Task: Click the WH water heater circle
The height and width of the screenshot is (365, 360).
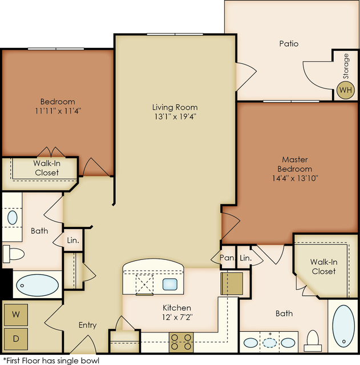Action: tap(346, 90)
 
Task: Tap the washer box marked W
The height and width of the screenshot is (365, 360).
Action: tap(16, 315)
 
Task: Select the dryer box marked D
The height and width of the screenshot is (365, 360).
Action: tap(16, 339)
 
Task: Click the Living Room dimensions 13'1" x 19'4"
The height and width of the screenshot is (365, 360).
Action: tap(175, 116)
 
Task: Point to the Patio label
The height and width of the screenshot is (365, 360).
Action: tap(289, 43)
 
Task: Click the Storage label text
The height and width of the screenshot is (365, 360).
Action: tap(346, 66)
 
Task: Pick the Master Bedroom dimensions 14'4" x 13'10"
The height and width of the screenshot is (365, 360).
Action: tap(295, 178)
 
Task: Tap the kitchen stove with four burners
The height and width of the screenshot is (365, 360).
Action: tap(181, 342)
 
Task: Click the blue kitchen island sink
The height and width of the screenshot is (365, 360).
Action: tap(170, 284)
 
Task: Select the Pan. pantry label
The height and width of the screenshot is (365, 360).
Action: tap(227, 258)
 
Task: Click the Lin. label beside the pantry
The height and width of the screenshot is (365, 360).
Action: tap(245, 258)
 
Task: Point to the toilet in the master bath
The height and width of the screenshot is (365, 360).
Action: tap(313, 341)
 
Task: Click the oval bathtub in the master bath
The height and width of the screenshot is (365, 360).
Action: tap(343, 326)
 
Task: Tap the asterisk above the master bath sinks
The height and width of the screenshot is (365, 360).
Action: tap(270, 334)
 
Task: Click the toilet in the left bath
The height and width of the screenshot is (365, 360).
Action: tap(14, 254)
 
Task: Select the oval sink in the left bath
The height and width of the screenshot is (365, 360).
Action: tap(13, 218)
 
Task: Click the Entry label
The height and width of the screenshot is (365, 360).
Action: tap(87, 325)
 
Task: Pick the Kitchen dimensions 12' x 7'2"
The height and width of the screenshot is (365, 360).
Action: tap(177, 317)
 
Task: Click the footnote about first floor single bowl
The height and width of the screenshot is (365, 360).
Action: tap(51, 360)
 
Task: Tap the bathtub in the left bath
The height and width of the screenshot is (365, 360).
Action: tap(37, 285)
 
